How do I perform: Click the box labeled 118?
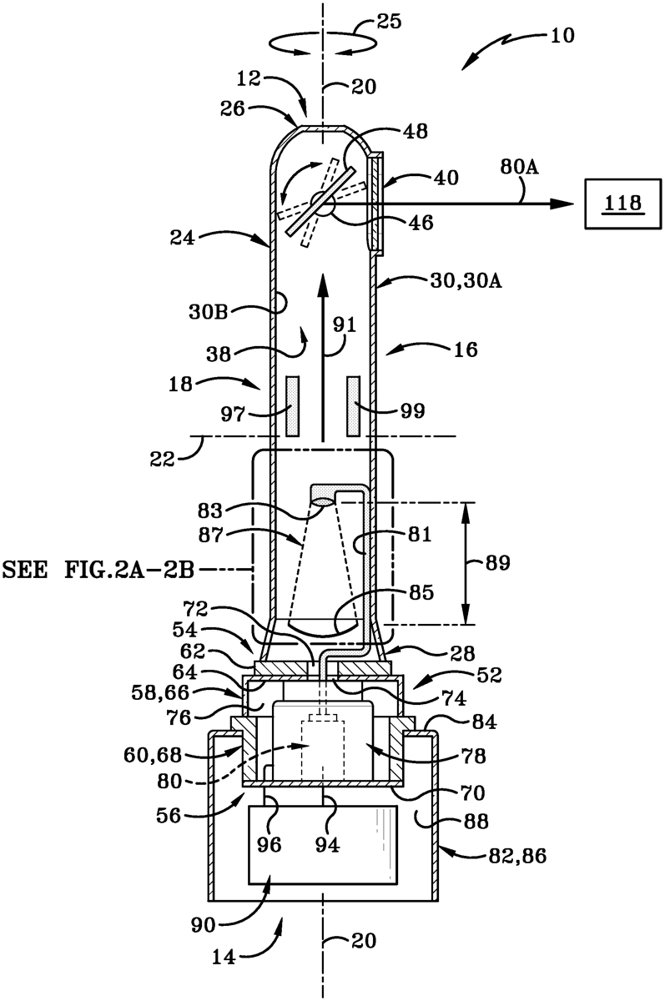623,204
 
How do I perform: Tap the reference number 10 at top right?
562,36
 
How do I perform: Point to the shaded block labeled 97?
292,406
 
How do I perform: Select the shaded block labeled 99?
354,406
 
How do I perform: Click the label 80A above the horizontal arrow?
519,167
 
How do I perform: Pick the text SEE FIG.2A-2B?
98,571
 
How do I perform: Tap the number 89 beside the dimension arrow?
498,563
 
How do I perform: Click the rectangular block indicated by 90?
323,844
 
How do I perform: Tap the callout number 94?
327,844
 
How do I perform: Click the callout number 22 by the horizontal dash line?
162,459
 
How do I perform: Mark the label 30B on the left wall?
209,312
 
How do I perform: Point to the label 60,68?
154,755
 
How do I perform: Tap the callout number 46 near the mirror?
421,223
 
